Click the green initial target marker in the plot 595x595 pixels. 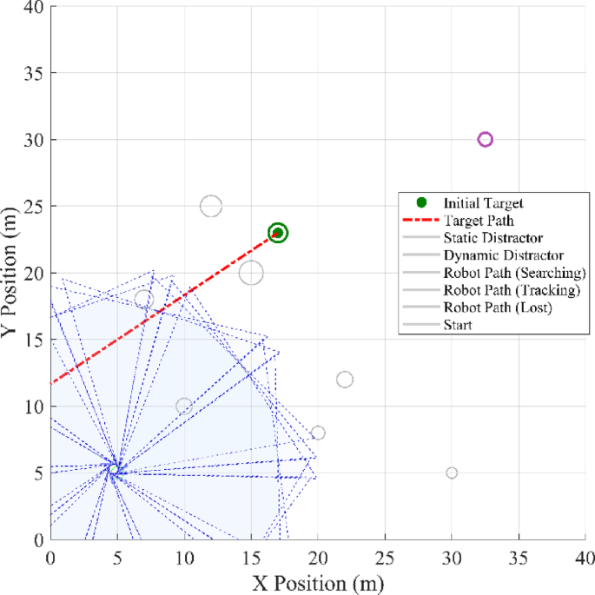coord(278,233)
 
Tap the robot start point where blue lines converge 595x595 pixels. coord(113,469)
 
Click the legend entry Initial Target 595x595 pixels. coord(483,203)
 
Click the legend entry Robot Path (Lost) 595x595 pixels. coord(499,307)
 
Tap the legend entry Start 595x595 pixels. coord(457,326)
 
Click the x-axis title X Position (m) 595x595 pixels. coord(318,581)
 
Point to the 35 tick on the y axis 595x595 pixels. coord(33,73)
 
